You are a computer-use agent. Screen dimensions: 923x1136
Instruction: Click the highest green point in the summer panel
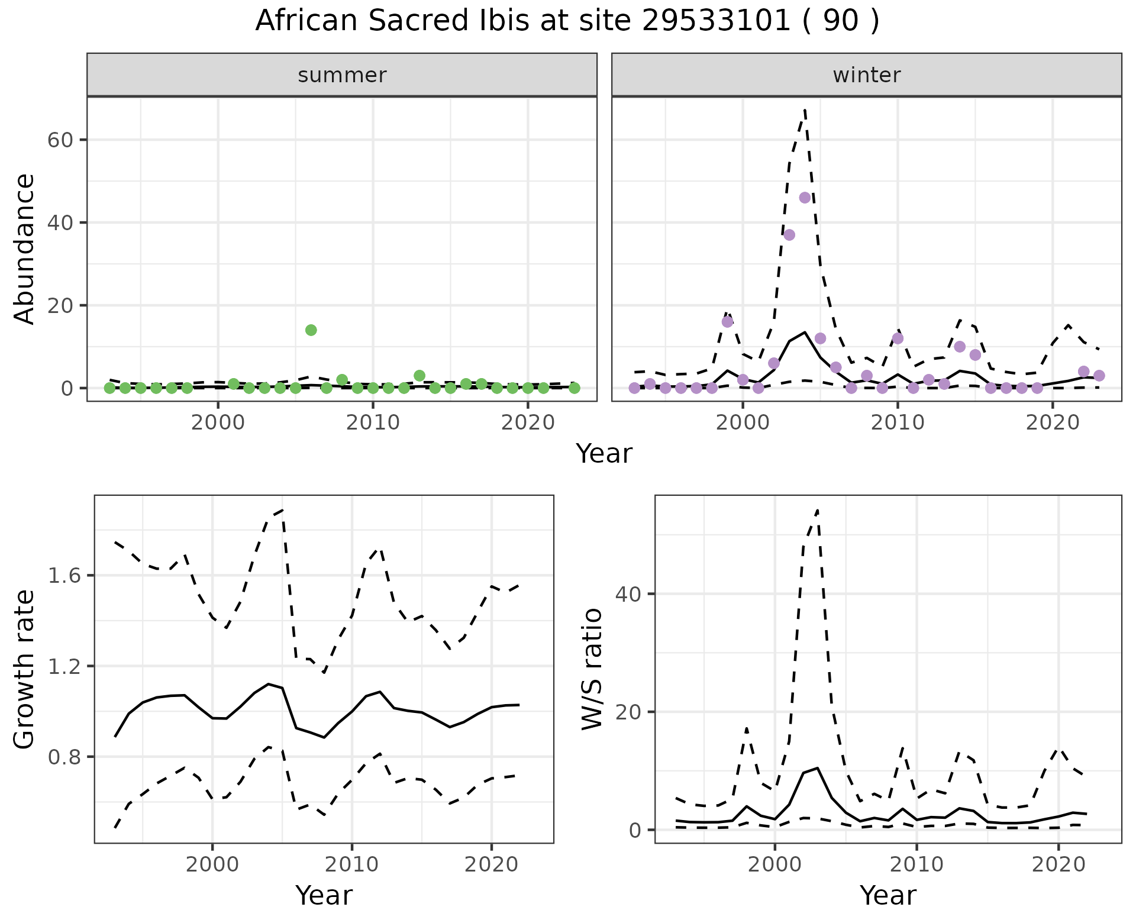(x=311, y=330)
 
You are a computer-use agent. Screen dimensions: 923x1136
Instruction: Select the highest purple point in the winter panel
(x=805, y=198)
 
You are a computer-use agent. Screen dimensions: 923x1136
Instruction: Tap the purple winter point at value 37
(x=789, y=235)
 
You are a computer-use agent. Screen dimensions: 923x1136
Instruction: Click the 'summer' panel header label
(x=342, y=75)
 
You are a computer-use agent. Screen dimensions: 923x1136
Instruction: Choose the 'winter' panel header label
(x=866, y=75)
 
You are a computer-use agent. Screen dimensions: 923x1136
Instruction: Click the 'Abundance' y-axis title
(x=25, y=248)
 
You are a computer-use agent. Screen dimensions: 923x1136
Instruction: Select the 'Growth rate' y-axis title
(x=25, y=669)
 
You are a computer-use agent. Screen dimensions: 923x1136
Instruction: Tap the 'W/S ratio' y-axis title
(x=592, y=669)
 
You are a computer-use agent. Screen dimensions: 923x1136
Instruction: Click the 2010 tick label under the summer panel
(x=373, y=422)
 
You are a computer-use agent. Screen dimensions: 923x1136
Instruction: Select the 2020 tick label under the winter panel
(x=1052, y=422)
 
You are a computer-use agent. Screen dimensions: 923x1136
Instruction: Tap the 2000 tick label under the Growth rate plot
(x=212, y=864)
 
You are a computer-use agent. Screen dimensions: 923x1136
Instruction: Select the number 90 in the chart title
(x=840, y=21)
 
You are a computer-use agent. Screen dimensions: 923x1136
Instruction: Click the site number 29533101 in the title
(x=715, y=21)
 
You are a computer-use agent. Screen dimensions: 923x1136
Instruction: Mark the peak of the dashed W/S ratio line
(x=817, y=509)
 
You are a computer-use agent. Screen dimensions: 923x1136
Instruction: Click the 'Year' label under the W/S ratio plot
(x=887, y=895)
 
